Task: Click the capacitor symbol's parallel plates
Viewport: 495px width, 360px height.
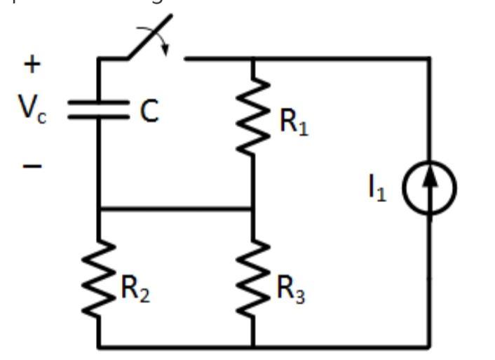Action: click(98, 111)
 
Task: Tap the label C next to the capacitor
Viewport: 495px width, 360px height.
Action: click(148, 112)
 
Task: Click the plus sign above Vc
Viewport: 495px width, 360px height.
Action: click(32, 64)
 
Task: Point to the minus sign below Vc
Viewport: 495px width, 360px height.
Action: click(32, 166)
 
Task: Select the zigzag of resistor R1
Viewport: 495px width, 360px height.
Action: click(252, 116)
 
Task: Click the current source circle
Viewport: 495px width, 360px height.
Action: click(430, 188)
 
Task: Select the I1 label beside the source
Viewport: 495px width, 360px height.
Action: click(378, 189)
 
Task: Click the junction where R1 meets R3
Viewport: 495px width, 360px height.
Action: click(252, 208)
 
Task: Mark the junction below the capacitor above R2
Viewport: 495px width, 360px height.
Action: click(98, 208)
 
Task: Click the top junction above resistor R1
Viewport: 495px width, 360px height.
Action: click(252, 59)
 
